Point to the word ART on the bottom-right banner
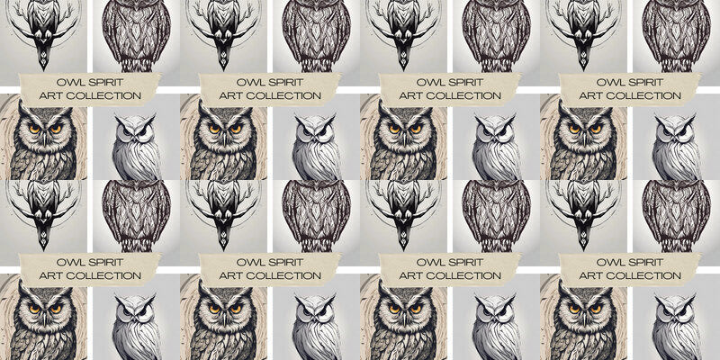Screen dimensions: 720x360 coord(589,276)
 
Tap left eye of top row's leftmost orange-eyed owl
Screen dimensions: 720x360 coord(33,129)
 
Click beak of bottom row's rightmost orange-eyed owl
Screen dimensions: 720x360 coord(584,317)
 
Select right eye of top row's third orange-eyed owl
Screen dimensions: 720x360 coord(416,129)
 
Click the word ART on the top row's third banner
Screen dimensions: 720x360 coord(409,96)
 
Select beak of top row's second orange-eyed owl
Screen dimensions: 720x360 coord(224,137)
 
